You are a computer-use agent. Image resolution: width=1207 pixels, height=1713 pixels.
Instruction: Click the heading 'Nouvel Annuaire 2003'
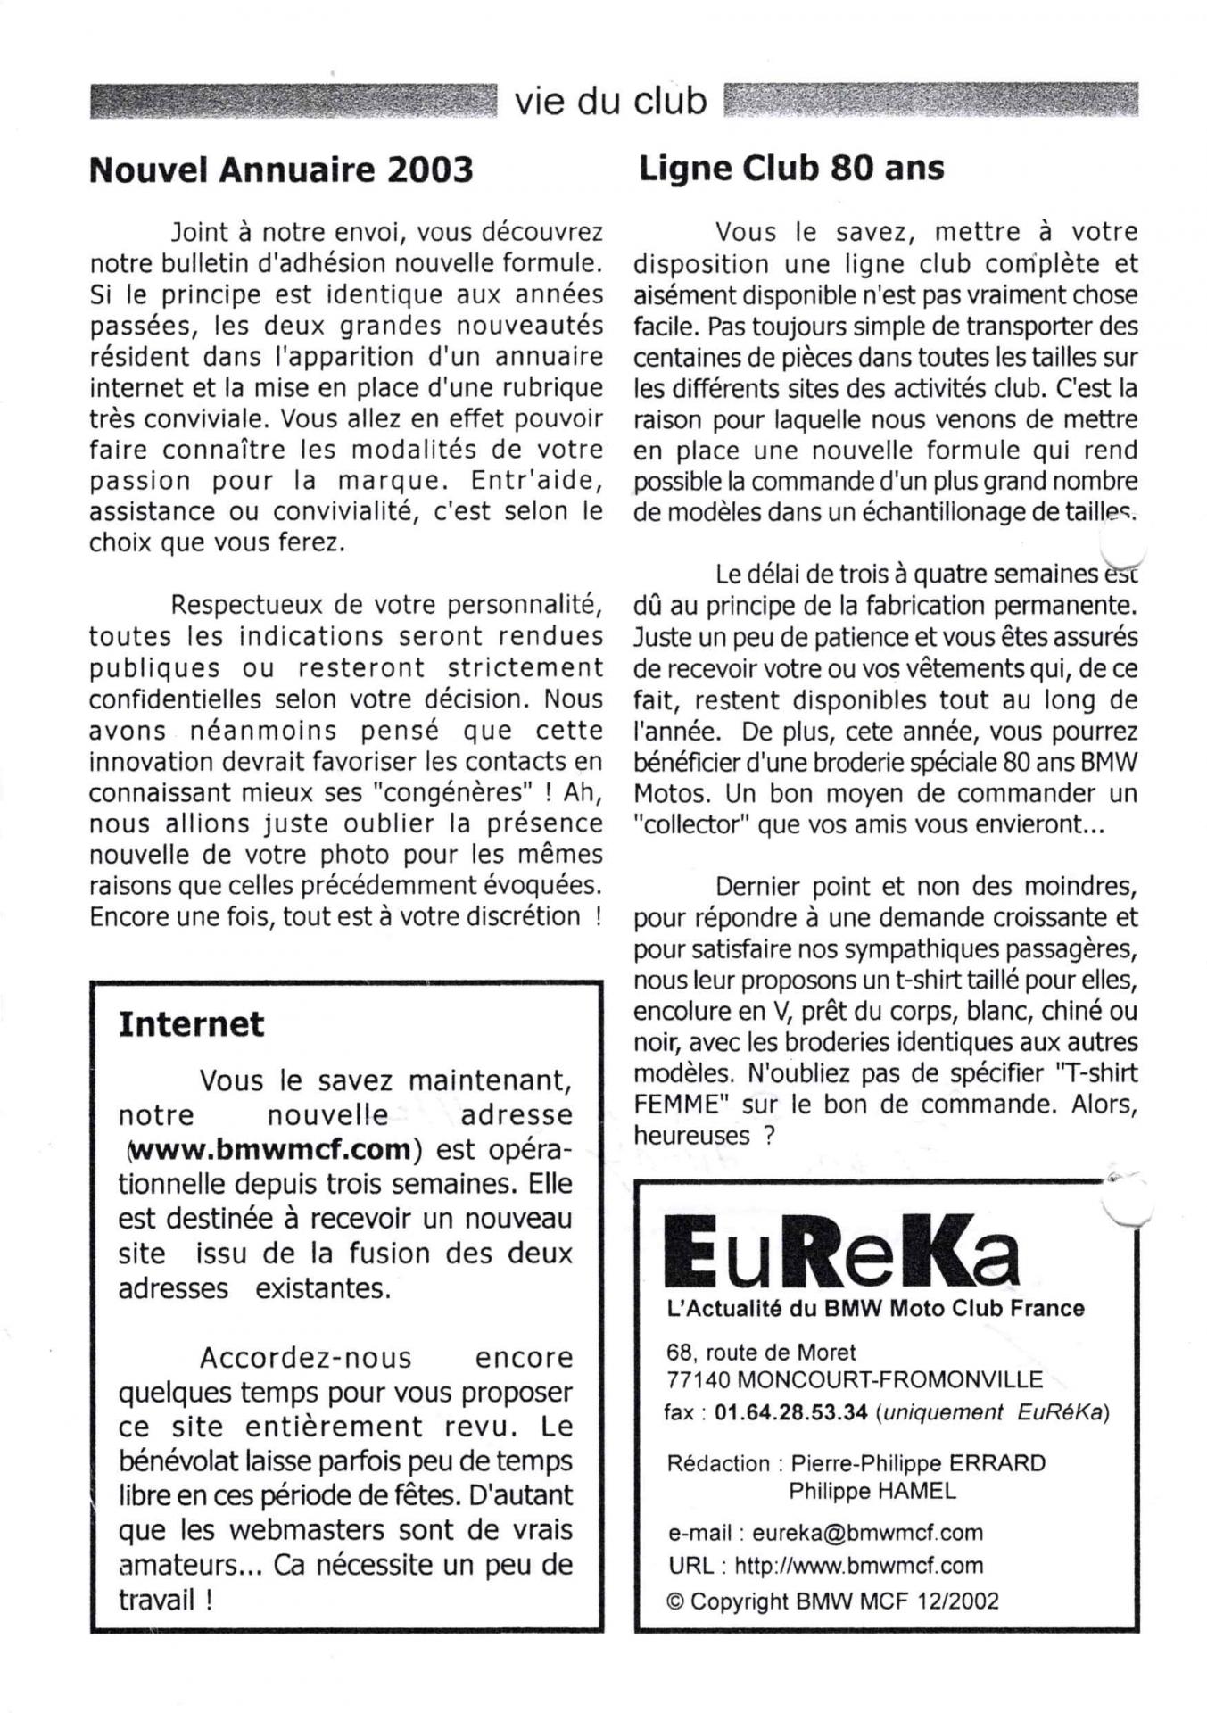click(x=280, y=170)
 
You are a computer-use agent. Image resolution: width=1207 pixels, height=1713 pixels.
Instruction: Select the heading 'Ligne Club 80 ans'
click(x=790, y=168)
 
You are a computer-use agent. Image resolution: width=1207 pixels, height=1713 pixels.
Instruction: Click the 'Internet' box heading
click(x=191, y=1023)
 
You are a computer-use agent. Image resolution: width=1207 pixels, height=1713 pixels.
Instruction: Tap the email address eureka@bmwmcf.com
click(x=867, y=1533)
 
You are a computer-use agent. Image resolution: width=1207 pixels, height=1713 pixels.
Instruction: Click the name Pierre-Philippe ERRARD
click(x=918, y=1463)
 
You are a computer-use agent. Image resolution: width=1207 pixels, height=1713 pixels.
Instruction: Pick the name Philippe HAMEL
click(x=872, y=1490)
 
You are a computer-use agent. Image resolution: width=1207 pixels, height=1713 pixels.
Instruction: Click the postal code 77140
click(x=699, y=1380)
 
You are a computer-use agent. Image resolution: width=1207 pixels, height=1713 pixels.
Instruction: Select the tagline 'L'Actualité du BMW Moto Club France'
click(x=875, y=1309)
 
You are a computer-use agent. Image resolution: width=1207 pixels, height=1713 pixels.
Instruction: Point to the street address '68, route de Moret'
click(x=761, y=1352)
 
